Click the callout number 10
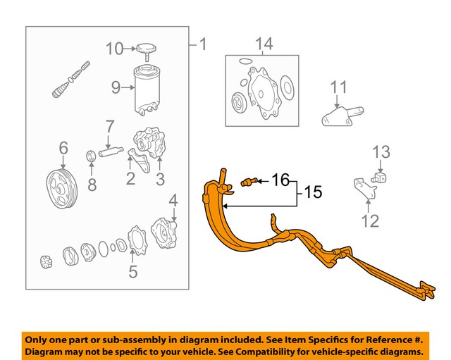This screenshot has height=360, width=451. (114, 49)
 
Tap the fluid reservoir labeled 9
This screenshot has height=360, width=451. (152, 89)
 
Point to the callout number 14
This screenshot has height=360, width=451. (264, 45)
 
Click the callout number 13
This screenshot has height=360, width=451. (381, 151)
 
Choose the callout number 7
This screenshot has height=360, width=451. (109, 128)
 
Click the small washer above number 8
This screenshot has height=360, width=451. (92, 156)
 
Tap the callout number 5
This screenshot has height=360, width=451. (131, 270)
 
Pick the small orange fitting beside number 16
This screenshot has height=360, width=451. (248, 182)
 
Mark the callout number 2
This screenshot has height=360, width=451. (130, 179)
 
